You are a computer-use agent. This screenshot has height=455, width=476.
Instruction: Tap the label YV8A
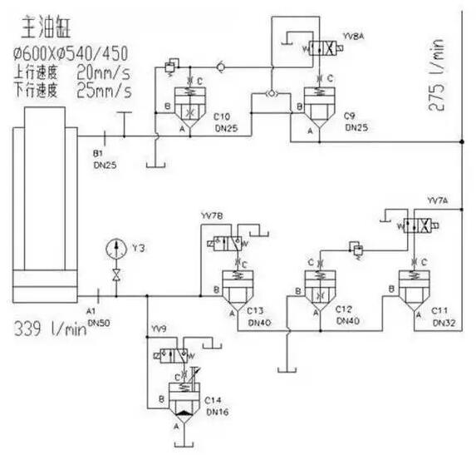click(354, 38)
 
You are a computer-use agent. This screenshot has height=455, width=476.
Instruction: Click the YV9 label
click(159, 330)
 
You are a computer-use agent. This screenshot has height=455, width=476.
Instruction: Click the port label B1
click(98, 154)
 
